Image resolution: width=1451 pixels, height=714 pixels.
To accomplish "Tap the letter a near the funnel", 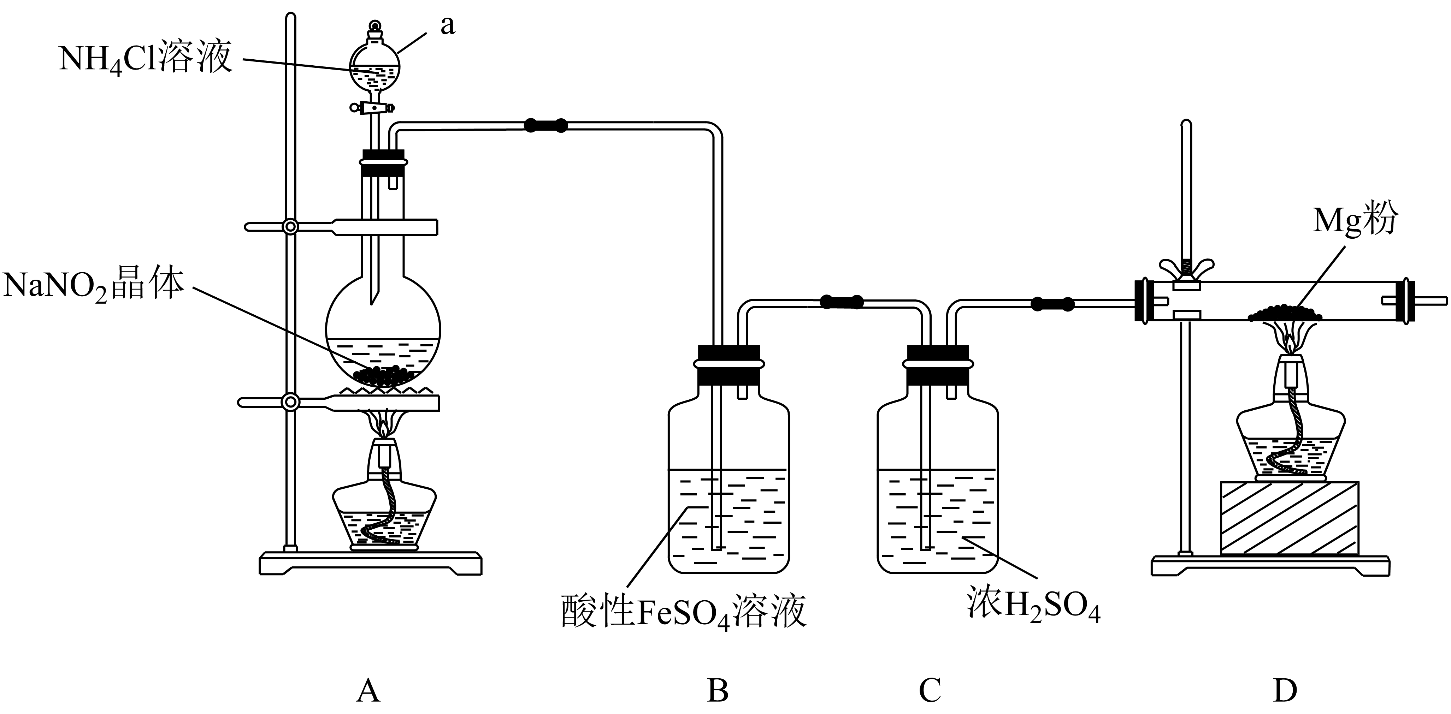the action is click(x=447, y=26).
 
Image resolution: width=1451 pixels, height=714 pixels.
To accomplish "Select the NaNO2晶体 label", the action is click(x=94, y=285).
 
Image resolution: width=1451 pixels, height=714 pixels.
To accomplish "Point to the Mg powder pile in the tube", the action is click(x=1285, y=313).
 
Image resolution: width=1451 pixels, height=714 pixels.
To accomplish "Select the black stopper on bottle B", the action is click(x=729, y=365).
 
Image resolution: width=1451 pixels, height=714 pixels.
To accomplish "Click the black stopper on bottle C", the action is click(x=938, y=365).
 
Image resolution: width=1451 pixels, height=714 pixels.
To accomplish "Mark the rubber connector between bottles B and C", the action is click(x=842, y=302).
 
